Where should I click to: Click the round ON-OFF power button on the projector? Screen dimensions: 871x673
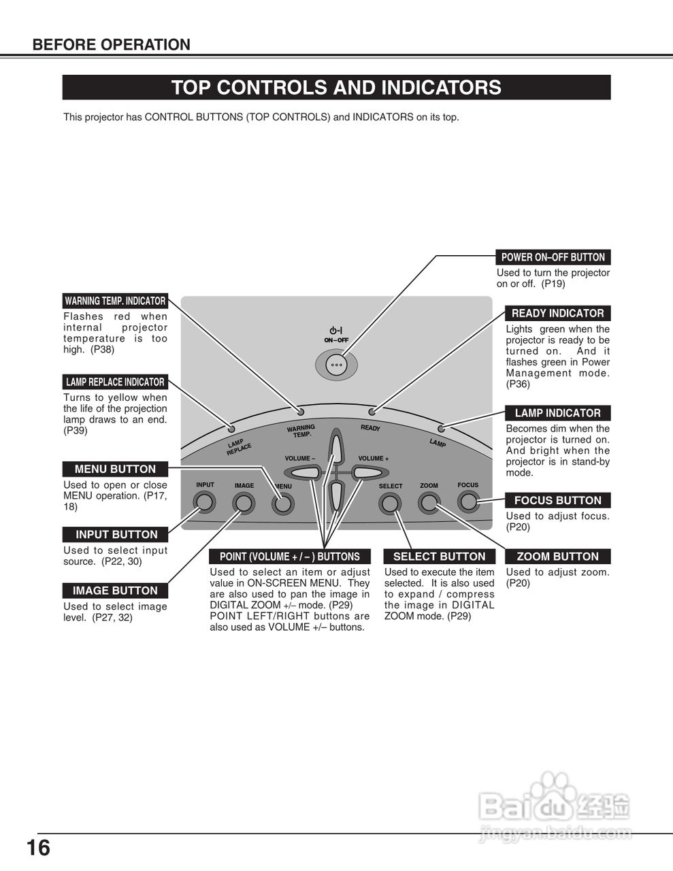(x=336, y=365)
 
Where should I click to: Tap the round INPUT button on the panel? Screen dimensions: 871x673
(x=204, y=503)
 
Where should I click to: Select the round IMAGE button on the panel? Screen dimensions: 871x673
(x=243, y=504)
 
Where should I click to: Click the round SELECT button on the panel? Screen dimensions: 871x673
(x=390, y=504)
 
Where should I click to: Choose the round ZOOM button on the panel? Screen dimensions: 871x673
(x=429, y=503)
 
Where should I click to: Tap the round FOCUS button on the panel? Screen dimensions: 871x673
(x=468, y=502)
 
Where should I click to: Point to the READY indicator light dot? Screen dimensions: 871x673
(x=372, y=412)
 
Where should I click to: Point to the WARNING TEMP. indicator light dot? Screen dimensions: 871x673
(x=300, y=412)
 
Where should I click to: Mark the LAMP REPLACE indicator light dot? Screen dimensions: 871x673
(x=231, y=429)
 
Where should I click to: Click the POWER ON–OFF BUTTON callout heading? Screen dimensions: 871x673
(x=553, y=257)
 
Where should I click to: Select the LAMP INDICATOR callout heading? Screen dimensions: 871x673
(x=557, y=413)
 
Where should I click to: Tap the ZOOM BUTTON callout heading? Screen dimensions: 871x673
(x=557, y=557)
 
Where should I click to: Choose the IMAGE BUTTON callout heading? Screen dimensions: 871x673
(x=115, y=591)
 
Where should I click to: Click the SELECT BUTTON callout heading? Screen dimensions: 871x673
(x=439, y=557)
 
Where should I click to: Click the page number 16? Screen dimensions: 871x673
(x=38, y=849)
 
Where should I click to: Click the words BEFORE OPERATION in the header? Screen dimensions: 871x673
(x=112, y=45)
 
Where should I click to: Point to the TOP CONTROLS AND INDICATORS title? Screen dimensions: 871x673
(x=336, y=88)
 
